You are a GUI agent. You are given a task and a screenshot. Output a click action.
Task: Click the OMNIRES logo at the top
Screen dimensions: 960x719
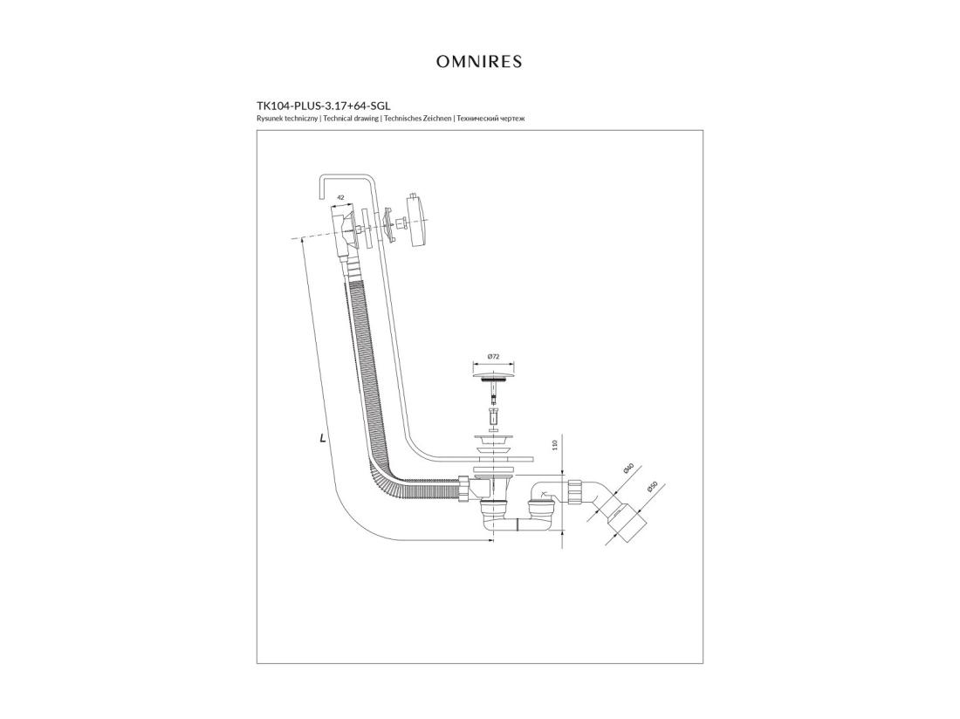[479, 62]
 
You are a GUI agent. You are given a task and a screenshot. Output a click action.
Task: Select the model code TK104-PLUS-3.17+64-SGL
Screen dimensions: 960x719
[323, 106]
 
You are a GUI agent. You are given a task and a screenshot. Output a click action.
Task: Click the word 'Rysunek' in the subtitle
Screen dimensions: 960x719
[269, 118]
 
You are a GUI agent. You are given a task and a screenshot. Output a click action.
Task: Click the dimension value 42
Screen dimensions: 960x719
[341, 198]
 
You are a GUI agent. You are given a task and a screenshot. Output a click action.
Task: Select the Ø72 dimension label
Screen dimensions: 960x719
[493, 356]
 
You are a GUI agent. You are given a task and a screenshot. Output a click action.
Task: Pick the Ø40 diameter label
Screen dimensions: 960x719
[627, 469]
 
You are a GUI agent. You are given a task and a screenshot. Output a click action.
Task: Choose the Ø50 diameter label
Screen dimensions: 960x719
[652, 488]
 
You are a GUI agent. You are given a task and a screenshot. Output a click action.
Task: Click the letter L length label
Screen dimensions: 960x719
[323, 437]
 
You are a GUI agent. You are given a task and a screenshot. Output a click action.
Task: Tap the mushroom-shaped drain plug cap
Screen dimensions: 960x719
[493, 374]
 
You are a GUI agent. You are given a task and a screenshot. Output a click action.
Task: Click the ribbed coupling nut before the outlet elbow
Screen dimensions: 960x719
[575, 491]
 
